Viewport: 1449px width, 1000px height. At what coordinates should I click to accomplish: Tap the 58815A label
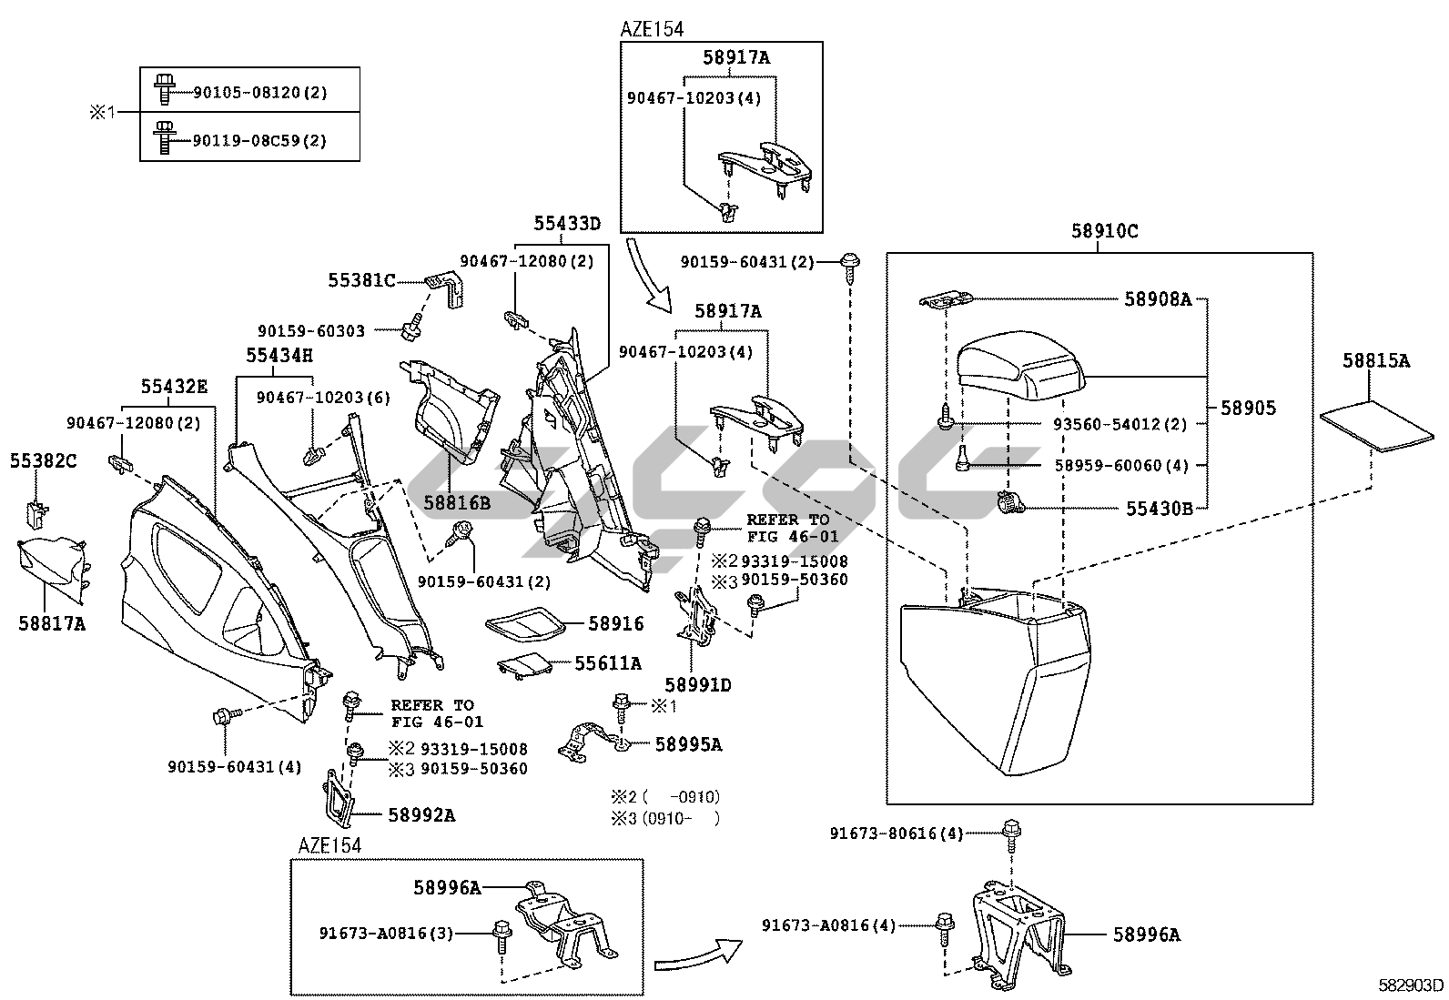pos(1375,361)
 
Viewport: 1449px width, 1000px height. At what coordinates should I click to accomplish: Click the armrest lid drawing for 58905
pos(1018,363)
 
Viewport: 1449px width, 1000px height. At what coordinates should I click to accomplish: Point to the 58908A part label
pos(1157,298)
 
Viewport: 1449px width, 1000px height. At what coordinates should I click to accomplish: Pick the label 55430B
pos(1159,509)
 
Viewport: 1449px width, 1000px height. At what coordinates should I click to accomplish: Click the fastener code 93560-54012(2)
pos(1121,424)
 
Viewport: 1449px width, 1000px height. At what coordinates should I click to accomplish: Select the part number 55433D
pos(567,223)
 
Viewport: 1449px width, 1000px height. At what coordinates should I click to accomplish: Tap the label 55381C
pos(361,281)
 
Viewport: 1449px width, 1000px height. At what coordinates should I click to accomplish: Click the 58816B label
pos(456,501)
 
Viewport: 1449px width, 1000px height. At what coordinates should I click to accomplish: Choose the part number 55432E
pos(173,387)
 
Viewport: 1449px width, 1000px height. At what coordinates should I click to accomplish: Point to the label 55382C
pos(44,461)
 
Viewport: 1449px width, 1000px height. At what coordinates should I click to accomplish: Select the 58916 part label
pos(615,623)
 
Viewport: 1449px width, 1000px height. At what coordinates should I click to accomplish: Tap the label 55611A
pos(607,663)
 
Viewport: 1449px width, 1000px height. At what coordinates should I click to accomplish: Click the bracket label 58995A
pos(688,744)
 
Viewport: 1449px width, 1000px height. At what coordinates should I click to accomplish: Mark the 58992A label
pos(421,815)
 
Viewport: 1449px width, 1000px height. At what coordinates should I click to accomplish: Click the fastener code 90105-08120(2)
pos(259,92)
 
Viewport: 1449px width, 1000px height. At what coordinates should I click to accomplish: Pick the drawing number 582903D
pos(1410,985)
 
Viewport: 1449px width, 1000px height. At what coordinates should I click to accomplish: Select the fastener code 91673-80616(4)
pos(896,833)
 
